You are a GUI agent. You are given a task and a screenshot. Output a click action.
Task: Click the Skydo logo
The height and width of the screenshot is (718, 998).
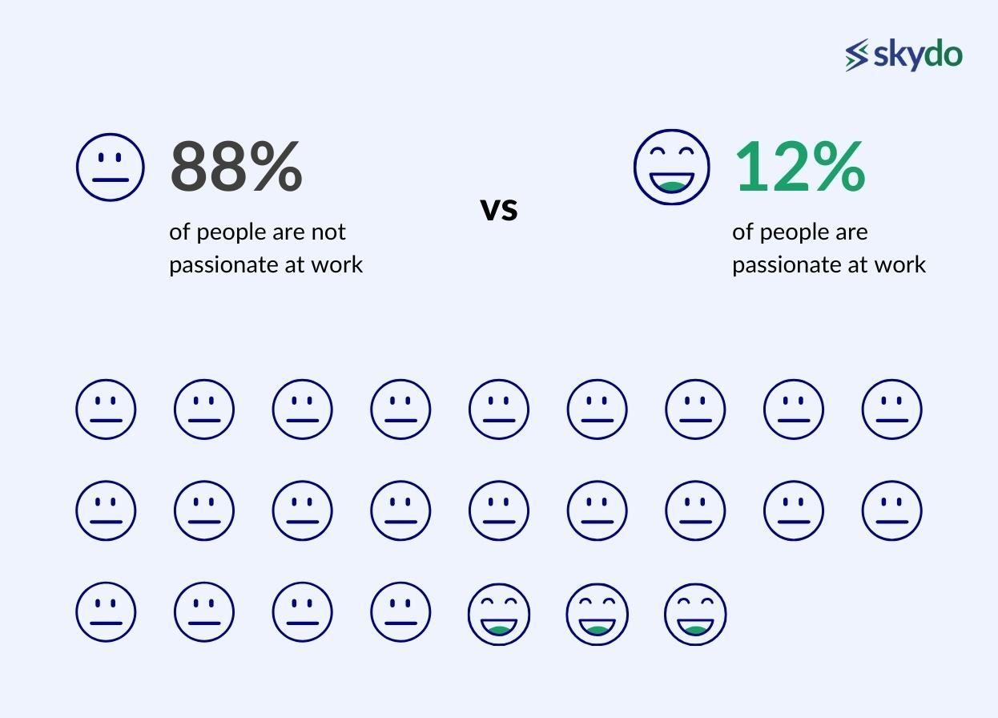[x=903, y=55]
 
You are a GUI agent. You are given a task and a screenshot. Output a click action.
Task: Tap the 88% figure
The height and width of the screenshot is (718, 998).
[x=236, y=166]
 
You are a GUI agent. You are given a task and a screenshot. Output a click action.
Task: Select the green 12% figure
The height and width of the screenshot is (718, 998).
[x=799, y=166]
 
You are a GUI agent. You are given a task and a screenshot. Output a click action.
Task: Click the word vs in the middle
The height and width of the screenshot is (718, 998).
[x=499, y=209]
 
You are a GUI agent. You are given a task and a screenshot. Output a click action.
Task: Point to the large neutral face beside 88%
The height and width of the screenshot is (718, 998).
[x=111, y=167]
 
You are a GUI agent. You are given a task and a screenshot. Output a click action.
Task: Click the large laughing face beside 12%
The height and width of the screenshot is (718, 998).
[x=671, y=167]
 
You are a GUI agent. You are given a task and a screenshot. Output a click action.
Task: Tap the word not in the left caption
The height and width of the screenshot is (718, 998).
[x=328, y=232]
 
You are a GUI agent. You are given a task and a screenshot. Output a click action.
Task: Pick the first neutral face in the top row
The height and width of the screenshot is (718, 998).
[x=106, y=409]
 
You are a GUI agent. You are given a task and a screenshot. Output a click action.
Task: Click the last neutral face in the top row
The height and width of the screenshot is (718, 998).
[x=891, y=409]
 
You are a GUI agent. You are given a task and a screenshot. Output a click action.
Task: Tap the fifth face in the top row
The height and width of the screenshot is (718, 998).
[x=498, y=409]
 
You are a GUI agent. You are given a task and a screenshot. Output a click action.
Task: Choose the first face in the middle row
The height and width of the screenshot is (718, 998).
[x=106, y=510]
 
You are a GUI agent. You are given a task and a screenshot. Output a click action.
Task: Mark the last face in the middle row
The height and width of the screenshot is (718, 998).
[x=891, y=510]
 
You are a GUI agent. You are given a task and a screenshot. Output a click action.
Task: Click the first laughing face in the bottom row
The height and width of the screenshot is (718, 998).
[x=498, y=614]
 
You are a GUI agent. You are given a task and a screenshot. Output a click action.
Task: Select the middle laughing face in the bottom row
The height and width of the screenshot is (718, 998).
[x=597, y=614]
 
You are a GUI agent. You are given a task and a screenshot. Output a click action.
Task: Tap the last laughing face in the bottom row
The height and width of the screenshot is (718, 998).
[x=695, y=614]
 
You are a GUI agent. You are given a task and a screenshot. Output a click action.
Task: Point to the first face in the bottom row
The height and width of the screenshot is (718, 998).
[x=106, y=612]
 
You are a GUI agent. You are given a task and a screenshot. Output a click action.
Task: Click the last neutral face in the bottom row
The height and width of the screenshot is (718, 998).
[x=400, y=612]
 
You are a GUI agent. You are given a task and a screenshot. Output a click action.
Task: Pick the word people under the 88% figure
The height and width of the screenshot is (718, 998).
[x=231, y=232]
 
